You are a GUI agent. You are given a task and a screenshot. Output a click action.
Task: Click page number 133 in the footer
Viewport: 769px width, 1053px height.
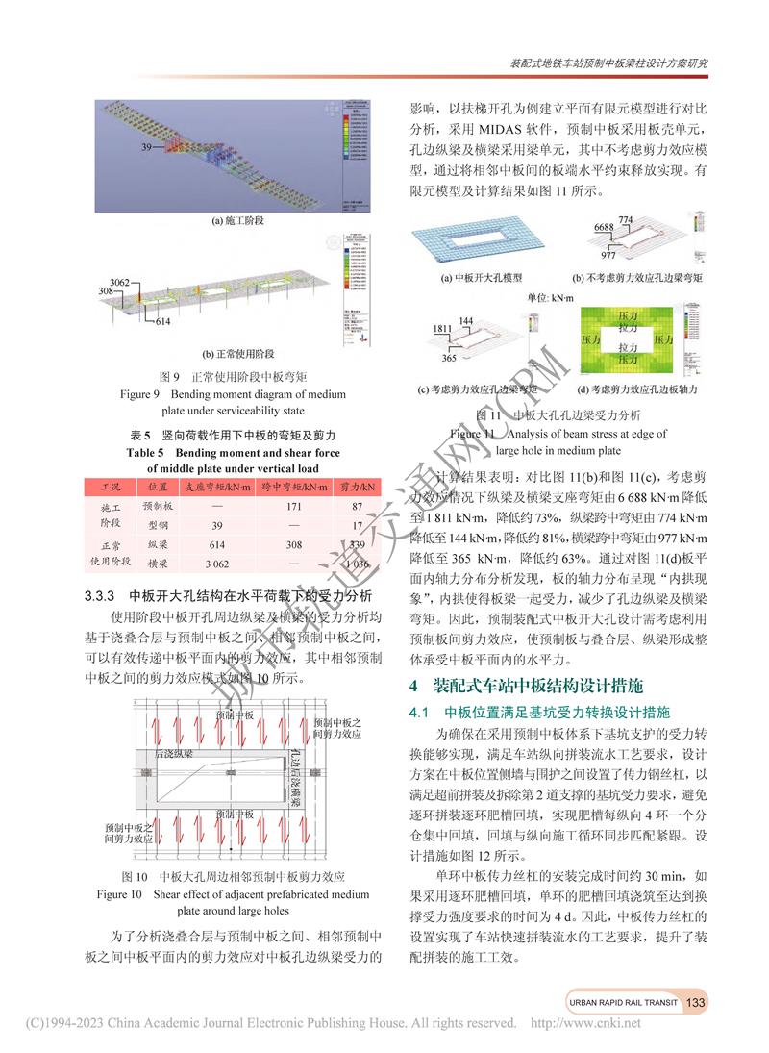coord(695,1002)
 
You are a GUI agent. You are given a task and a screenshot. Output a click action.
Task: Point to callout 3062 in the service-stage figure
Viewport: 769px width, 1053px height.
coord(119,281)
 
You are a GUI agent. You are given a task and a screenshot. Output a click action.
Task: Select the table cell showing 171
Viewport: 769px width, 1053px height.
coord(295,506)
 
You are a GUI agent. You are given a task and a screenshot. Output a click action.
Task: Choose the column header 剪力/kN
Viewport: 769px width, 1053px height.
coord(357,487)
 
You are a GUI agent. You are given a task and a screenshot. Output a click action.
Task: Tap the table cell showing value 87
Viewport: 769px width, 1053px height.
coord(357,506)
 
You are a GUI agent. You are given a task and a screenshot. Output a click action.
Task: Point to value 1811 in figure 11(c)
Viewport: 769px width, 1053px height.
coord(442,328)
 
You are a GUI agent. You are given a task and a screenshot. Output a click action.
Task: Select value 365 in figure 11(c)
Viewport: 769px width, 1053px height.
coord(448,359)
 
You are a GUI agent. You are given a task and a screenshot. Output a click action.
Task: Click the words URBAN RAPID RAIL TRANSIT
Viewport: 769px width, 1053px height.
coord(620,1002)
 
